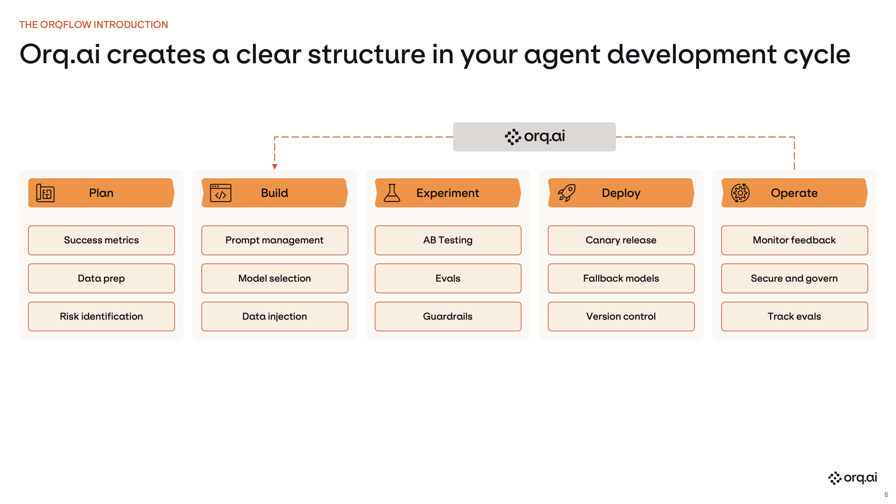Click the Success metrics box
coord(101,240)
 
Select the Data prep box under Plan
coord(101,278)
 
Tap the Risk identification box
coord(101,316)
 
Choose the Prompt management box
coord(274,240)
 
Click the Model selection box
coord(274,278)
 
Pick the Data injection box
coord(274,316)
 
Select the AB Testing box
coord(448,240)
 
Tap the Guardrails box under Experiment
coord(448,316)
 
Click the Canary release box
coord(621,240)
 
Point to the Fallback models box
coord(621,278)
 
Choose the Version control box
coord(621,316)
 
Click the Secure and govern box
coord(794,278)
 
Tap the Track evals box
coord(794,316)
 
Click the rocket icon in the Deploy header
coord(567,193)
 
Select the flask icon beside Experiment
coord(392,193)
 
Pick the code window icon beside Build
coord(220,193)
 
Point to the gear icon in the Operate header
coord(740,193)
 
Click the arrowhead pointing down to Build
coord(274,167)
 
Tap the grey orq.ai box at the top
coord(534,136)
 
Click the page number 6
coord(886,494)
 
